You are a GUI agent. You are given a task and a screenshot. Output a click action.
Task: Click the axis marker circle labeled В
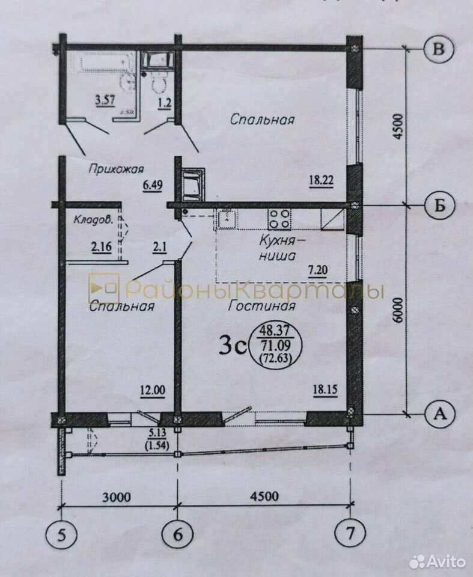pos(439,49)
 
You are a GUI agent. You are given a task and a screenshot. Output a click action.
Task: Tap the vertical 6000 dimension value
pos(398,310)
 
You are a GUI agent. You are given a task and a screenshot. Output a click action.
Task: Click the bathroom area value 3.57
pos(104,100)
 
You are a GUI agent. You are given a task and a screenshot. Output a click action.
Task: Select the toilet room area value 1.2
pos(164,101)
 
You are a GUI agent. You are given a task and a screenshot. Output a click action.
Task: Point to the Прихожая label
pos(116,169)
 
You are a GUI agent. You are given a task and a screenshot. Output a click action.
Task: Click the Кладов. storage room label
pos(93,220)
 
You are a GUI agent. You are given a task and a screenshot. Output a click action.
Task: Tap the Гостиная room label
pos(261,305)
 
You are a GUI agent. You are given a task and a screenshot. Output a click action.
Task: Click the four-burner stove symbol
pos(279,219)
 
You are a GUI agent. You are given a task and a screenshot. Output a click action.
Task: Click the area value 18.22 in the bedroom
pos(321,181)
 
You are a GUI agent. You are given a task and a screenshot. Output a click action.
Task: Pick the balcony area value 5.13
pos(158,433)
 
